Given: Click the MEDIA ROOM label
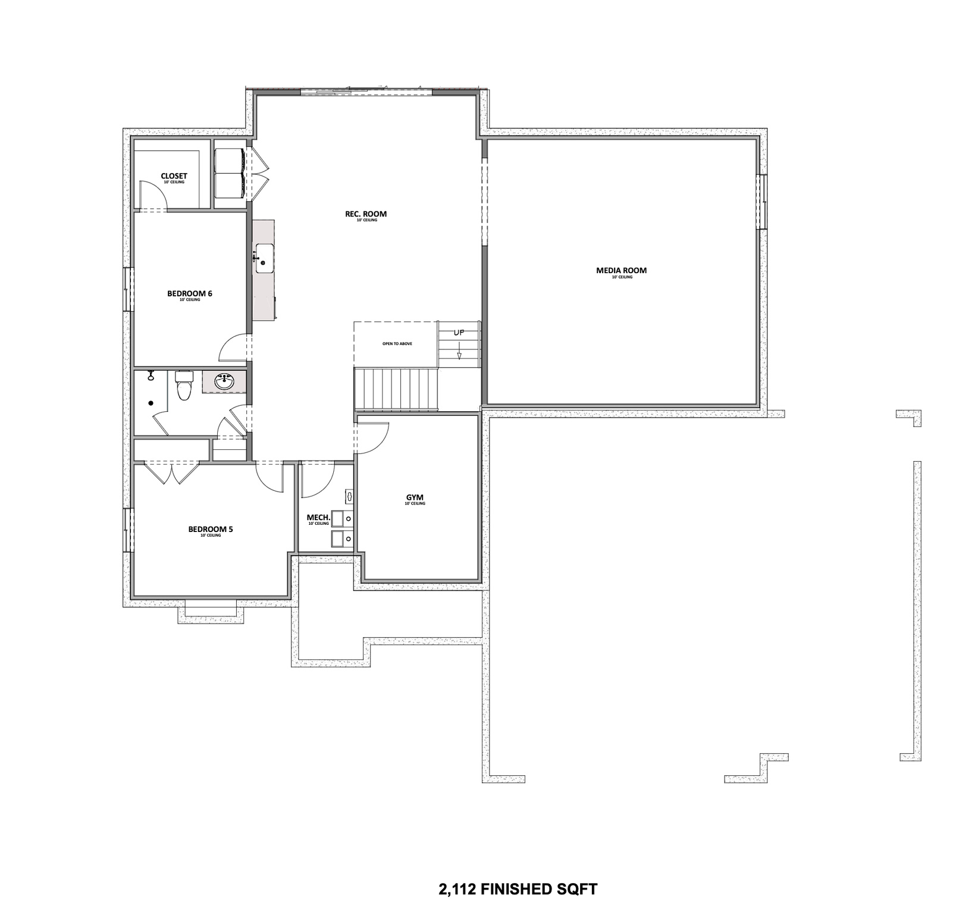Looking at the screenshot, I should point(621,271).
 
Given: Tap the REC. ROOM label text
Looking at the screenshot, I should point(366,214).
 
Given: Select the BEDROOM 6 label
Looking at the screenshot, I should point(189,293).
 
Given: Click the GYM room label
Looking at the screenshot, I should point(415,497).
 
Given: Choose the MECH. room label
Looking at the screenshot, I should point(318,518).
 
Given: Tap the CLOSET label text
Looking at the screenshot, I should point(174,176).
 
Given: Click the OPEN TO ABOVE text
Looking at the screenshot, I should point(397,344).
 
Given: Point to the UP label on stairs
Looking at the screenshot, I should point(459,333).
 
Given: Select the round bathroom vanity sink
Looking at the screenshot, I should point(224,382).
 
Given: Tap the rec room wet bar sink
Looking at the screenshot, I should point(265,258).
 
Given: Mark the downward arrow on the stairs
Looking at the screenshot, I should point(459,355).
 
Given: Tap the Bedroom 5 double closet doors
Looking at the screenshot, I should point(172,474).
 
